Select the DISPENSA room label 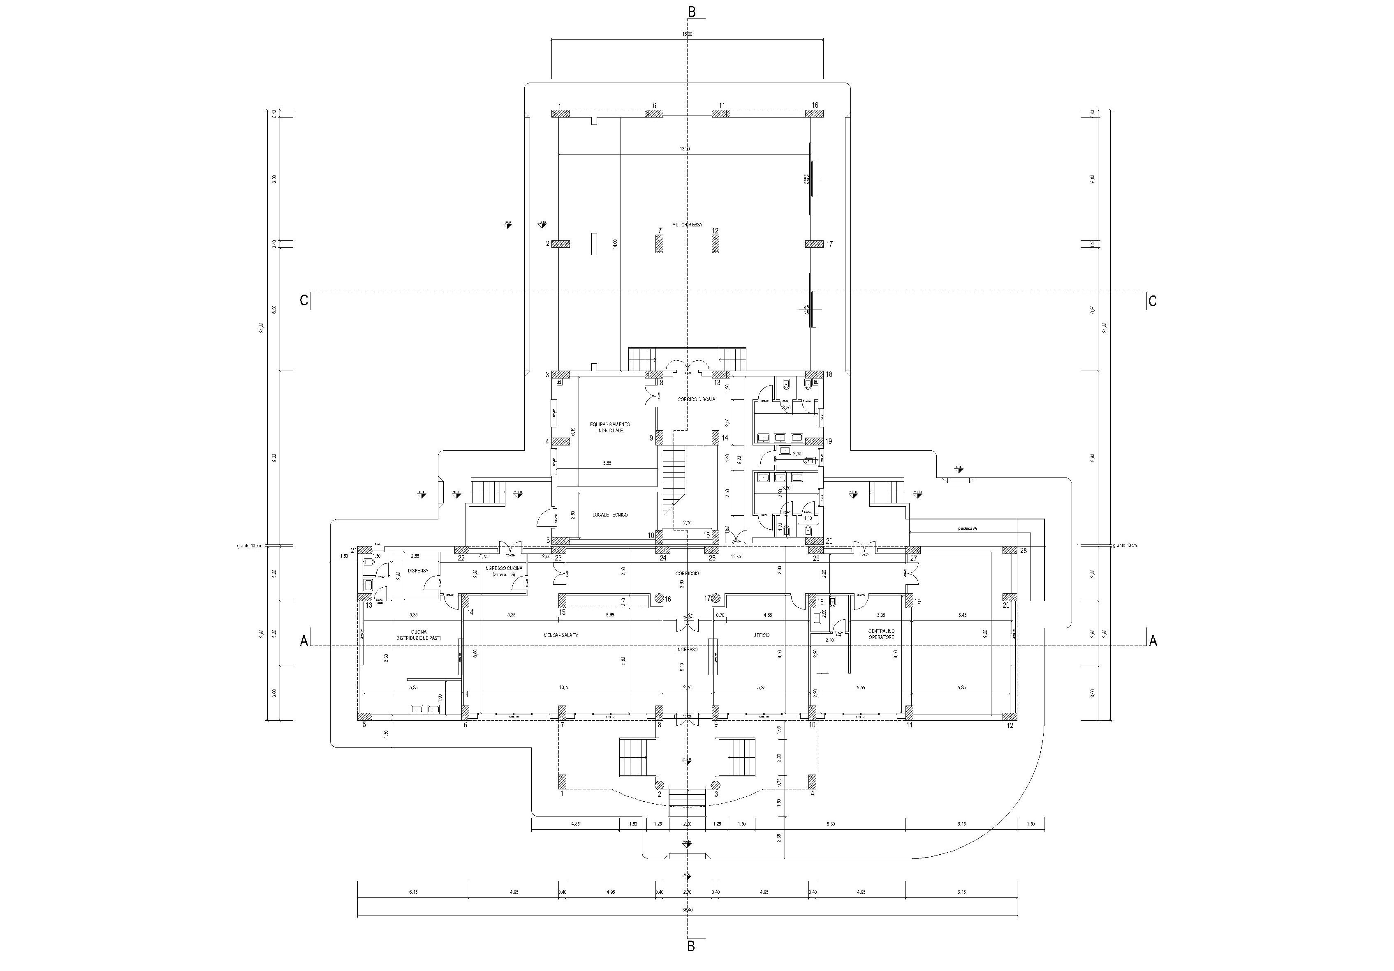(x=418, y=570)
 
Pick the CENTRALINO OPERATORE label (x=881, y=634)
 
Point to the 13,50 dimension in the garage (x=684, y=149)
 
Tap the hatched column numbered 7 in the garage (x=659, y=244)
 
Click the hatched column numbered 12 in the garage (x=716, y=244)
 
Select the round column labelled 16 (x=659, y=598)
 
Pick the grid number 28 (x=1023, y=551)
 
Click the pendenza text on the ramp (x=967, y=528)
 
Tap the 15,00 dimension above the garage (x=687, y=34)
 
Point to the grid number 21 (x=354, y=551)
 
